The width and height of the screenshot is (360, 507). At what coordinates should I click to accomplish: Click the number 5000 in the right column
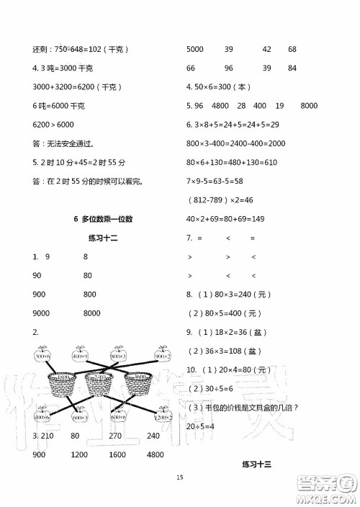click(195, 49)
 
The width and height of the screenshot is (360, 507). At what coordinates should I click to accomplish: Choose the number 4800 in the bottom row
click(154, 455)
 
